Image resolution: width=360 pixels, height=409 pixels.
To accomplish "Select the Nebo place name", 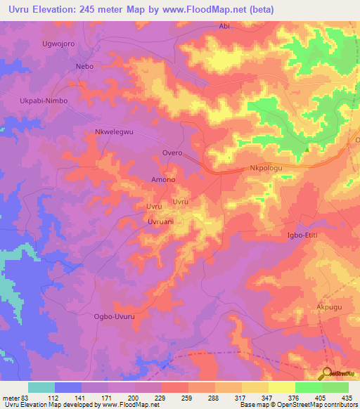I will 84,66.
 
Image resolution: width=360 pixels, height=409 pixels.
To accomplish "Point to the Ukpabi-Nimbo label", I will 43,100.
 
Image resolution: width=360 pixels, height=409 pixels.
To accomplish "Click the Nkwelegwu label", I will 113,131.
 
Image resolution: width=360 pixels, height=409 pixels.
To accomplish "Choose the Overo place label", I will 172,152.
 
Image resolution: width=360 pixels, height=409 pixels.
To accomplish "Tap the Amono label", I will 163,180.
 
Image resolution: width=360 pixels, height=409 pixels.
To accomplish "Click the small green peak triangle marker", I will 308,148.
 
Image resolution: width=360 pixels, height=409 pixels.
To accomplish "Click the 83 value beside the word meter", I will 26,398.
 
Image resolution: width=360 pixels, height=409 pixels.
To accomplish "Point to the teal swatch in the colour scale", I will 41,387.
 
